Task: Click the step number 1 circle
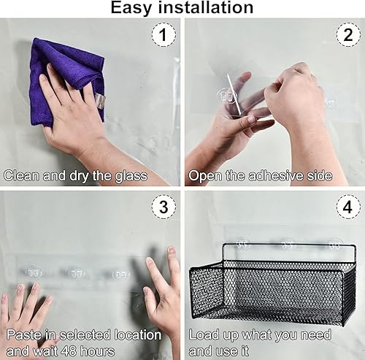click(164, 34)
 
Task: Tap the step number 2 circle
click(347, 34)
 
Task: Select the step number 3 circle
click(164, 207)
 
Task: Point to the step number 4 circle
click(347, 207)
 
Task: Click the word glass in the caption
click(130, 175)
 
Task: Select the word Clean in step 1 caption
click(21, 175)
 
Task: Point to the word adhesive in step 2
click(272, 175)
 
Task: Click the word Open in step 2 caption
click(205, 175)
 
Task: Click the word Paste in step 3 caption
click(23, 334)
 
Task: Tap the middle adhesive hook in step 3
click(76, 272)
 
